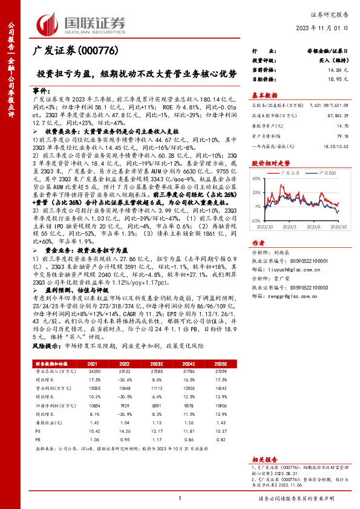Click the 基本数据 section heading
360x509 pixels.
click(x=264, y=95)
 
